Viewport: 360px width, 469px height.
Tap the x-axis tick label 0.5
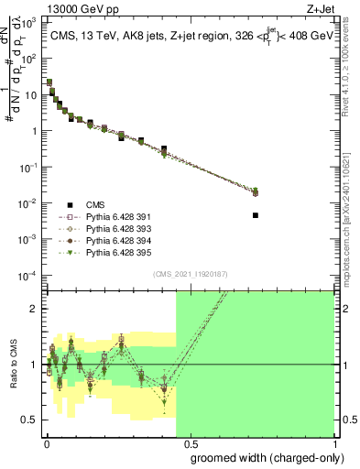(x=190, y=442)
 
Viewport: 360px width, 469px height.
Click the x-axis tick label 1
(x=333, y=442)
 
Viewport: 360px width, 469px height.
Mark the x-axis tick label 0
(x=46, y=442)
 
